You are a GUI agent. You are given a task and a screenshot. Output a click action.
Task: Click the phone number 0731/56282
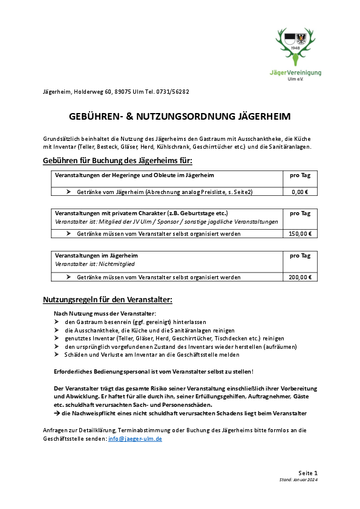[x=174, y=92]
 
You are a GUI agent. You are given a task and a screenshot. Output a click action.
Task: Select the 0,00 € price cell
[x=299, y=192]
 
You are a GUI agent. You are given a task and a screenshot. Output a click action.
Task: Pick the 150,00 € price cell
[x=299, y=234]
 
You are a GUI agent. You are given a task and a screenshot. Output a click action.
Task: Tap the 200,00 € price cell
[x=299, y=277]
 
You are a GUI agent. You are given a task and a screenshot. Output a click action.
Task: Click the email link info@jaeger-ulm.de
[x=135, y=438]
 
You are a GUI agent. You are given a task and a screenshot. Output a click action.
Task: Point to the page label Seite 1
[x=308, y=472]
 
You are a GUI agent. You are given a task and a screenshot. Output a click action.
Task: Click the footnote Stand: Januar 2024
[x=298, y=479]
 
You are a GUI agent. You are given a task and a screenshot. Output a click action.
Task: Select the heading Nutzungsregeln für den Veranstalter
[x=108, y=299]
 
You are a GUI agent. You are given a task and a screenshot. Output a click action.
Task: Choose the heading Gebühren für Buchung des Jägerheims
[x=118, y=160]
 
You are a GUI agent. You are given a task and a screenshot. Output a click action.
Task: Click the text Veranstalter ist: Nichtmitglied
[x=94, y=264]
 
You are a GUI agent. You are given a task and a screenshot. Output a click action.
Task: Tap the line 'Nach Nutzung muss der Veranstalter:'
[x=105, y=313]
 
